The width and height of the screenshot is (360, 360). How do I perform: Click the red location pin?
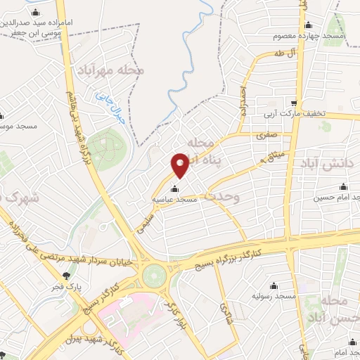point(181,165)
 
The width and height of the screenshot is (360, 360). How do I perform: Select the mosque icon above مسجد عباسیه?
point(175,188)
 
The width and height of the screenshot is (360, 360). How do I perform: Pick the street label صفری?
point(267,131)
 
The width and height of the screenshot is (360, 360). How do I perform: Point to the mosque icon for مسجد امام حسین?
point(343,186)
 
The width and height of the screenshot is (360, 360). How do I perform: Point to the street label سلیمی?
point(145,224)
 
